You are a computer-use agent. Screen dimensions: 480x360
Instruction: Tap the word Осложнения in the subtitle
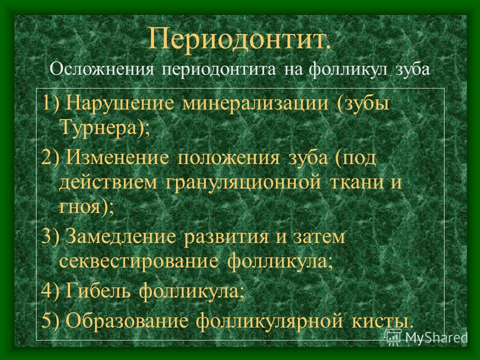coord(101,69)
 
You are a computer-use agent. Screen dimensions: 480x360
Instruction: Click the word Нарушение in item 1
coord(120,102)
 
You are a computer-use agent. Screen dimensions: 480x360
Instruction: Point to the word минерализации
coord(255,103)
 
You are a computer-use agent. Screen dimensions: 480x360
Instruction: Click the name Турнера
coord(98,127)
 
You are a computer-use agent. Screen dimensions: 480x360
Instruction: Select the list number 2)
coord(50,157)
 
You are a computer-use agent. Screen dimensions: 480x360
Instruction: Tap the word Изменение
coord(117,157)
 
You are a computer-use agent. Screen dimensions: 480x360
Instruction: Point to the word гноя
coord(79,207)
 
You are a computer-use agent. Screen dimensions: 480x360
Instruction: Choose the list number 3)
coord(50,236)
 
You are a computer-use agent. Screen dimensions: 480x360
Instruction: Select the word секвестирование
coord(139,261)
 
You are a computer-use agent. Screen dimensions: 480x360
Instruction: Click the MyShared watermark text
coord(436,337)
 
